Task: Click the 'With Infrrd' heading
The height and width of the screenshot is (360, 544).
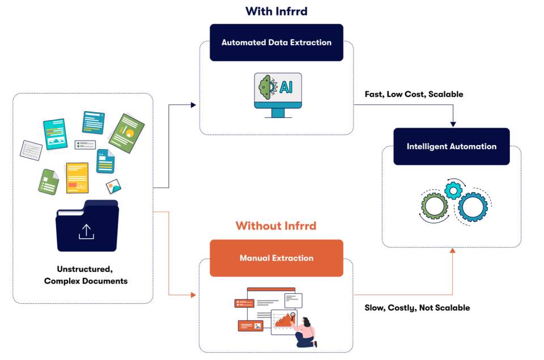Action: (x=276, y=11)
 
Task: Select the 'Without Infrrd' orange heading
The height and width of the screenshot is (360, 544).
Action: (x=276, y=226)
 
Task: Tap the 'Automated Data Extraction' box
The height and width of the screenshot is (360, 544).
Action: (x=276, y=43)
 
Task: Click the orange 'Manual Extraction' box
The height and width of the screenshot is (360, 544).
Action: (x=276, y=258)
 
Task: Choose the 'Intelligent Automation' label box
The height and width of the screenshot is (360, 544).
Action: (x=451, y=146)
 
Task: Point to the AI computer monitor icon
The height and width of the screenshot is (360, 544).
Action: (x=278, y=94)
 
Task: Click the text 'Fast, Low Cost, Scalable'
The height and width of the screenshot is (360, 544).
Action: (x=414, y=94)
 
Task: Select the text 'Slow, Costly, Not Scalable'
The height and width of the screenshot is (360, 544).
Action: (x=417, y=308)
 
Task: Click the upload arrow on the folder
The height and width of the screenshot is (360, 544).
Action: (x=86, y=231)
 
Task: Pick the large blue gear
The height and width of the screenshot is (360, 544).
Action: (x=473, y=207)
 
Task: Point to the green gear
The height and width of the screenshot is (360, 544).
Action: (x=435, y=205)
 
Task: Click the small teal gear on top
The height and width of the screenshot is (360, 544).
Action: (x=453, y=190)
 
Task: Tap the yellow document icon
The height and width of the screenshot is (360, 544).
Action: (x=77, y=178)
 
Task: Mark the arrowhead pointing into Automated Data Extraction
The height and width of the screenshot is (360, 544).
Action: (x=193, y=105)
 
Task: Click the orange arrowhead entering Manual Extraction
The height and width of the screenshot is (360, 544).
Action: (x=193, y=295)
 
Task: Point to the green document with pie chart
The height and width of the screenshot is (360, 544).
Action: (x=126, y=133)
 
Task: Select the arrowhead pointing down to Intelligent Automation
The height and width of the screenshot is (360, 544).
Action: (x=452, y=125)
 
